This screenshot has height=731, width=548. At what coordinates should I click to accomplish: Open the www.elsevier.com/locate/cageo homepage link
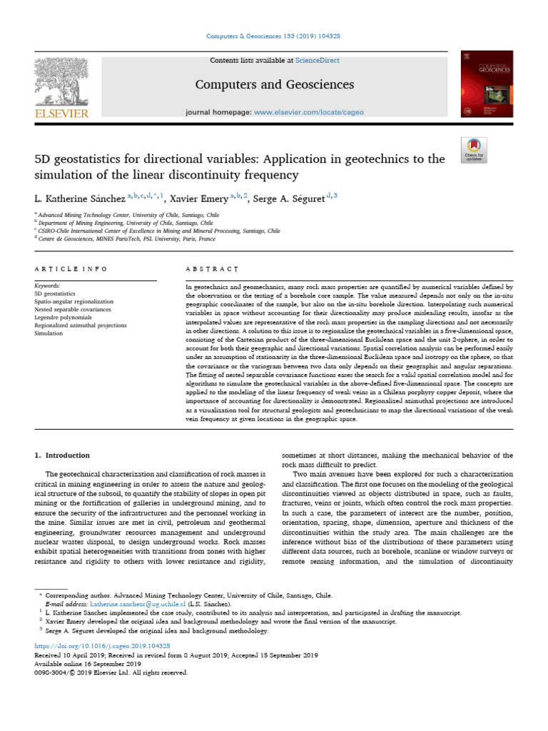point(315,113)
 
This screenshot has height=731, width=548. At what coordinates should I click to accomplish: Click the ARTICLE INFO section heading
point(71,269)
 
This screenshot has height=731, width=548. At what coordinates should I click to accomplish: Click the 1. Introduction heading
point(63,455)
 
